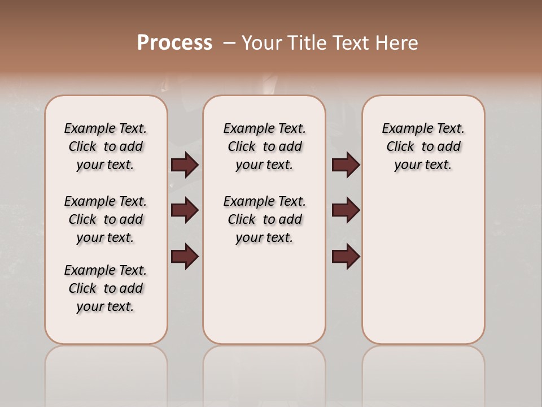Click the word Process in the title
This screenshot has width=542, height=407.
174,43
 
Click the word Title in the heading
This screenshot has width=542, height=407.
305,43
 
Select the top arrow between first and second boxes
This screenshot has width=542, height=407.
185,164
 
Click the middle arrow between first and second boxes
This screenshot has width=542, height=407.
185,210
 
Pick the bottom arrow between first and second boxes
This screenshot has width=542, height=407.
185,256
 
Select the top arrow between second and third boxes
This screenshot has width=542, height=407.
346,164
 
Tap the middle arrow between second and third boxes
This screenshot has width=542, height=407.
346,210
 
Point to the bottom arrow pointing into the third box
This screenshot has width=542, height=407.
346,256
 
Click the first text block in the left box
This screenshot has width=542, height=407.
106,146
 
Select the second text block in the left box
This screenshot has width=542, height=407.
106,219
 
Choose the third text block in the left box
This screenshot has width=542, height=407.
106,288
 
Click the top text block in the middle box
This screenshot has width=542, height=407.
264,146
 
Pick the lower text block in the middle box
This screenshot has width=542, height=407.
264,219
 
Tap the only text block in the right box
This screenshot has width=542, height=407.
423,146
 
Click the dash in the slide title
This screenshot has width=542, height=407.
229,43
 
